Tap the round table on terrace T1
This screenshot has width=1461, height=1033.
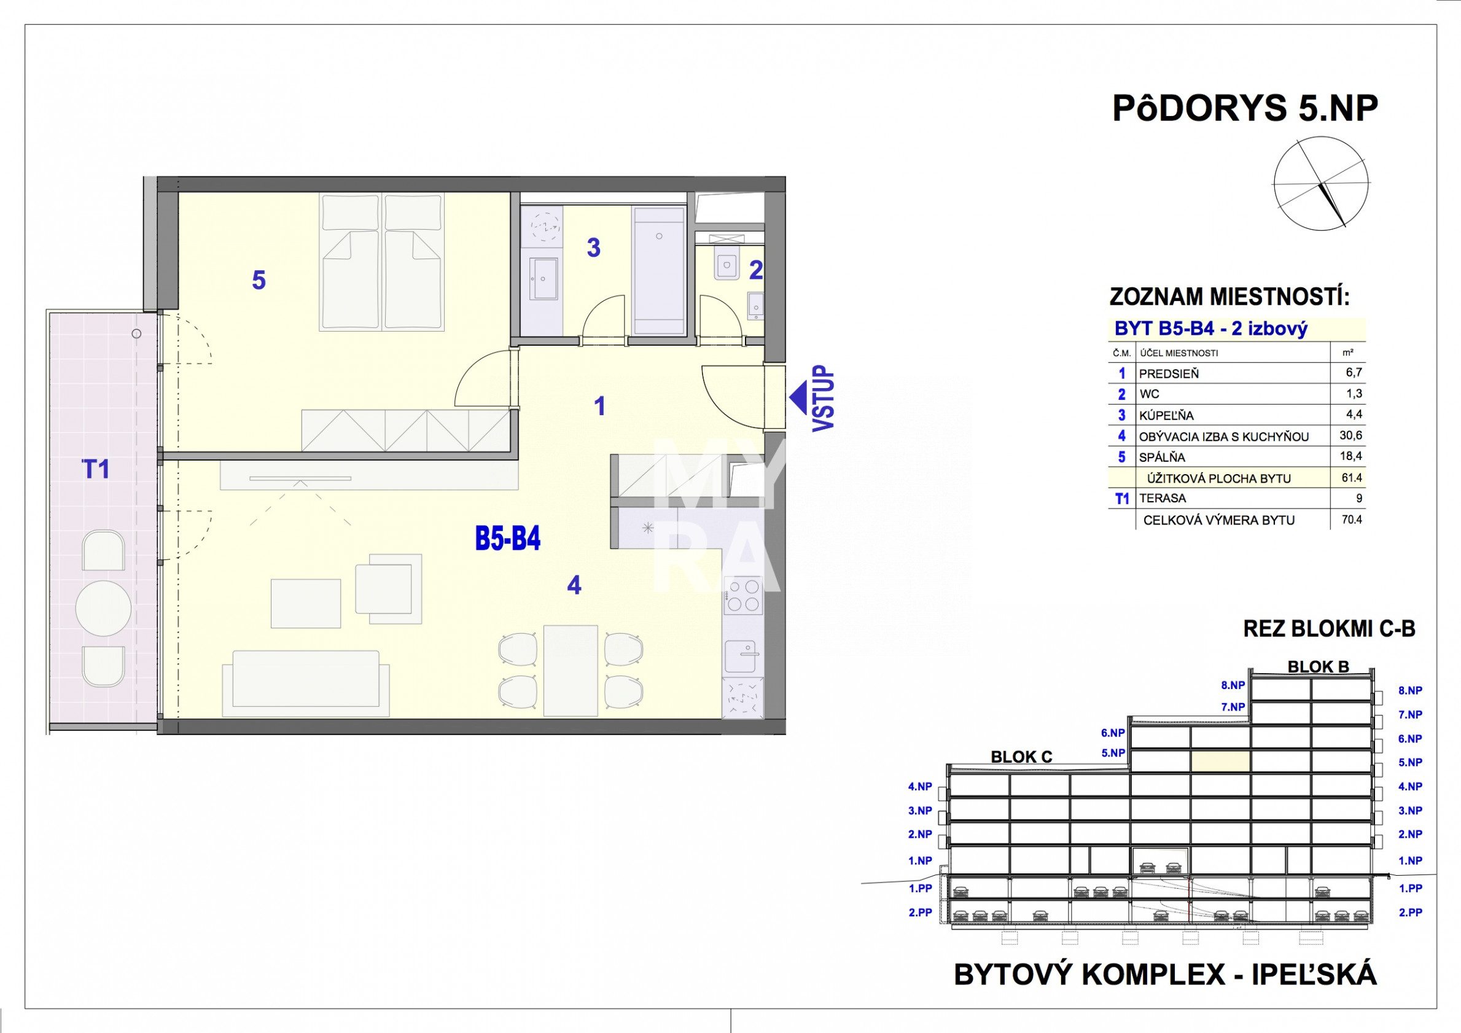(x=104, y=609)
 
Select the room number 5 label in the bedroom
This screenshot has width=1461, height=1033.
(x=259, y=280)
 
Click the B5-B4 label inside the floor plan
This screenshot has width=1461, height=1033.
(x=508, y=539)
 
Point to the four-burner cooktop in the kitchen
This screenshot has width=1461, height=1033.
(x=743, y=596)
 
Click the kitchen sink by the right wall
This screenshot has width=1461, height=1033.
(x=741, y=656)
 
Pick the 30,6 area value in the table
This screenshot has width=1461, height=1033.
(x=1350, y=435)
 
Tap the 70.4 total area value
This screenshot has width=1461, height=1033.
(x=1352, y=520)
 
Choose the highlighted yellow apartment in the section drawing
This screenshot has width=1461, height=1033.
(x=1220, y=762)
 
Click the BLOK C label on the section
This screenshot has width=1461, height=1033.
(x=1021, y=757)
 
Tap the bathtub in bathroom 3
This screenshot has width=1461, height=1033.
(x=658, y=270)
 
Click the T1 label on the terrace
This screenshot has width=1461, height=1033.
(x=96, y=469)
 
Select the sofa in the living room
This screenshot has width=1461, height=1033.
(x=306, y=684)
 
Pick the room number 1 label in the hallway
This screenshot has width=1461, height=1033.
(x=599, y=406)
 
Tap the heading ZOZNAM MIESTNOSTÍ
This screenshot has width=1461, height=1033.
(x=1229, y=297)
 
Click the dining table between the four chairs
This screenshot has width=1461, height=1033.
(x=571, y=670)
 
